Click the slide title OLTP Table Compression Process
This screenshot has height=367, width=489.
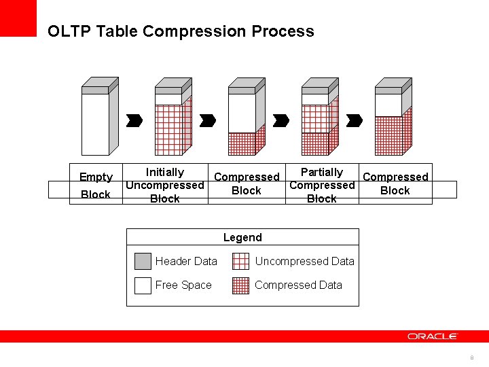point(181,31)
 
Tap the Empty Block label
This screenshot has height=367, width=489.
point(96,186)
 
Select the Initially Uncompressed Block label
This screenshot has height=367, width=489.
point(164,186)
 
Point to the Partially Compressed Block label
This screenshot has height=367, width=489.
point(322,186)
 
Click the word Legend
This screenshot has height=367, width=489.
point(242,237)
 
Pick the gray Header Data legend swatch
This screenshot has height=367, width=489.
point(143,262)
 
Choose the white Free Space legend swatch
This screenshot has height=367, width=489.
point(143,285)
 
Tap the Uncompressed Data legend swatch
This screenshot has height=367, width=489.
point(240,262)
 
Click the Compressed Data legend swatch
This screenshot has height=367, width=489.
point(240,285)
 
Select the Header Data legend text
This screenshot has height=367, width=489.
point(186,262)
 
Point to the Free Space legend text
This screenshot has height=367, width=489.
point(183,285)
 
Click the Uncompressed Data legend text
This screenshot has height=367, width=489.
point(304,262)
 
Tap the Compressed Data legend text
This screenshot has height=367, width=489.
point(298,285)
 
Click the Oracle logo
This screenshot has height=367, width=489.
point(433,336)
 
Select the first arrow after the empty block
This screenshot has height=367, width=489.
point(134,120)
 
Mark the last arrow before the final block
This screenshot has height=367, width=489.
point(355,120)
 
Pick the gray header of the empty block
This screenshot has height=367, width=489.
point(95,90)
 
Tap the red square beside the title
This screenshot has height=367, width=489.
point(18,18)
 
